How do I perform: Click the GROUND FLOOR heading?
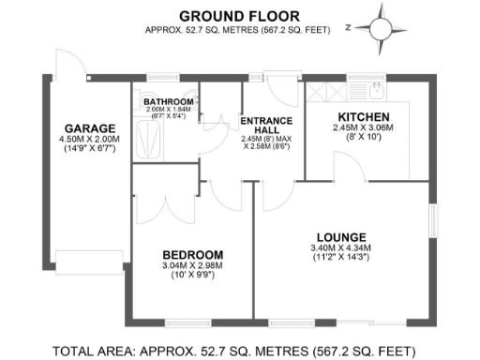[239, 15]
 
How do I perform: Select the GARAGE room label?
[90, 128]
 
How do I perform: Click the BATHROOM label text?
[169, 101]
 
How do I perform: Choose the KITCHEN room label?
[365, 117]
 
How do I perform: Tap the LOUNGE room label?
[341, 236]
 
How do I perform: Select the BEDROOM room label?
[192, 255]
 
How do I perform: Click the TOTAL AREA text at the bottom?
[234, 352]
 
